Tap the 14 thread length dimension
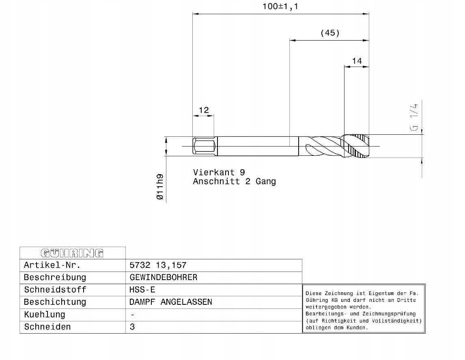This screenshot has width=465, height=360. point(357,61)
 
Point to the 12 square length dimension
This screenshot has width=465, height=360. point(203,110)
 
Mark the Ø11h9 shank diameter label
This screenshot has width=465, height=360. point(160,187)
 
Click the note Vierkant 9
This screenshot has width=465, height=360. point(219,172)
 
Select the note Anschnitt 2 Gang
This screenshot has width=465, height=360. point(234,181)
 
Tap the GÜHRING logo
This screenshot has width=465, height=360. point(73,253)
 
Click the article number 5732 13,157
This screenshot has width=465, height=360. point(158,265)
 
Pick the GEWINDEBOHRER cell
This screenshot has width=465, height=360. point(163,278)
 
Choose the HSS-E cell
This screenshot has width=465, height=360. point(142,290)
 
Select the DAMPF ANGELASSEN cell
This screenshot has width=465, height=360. point(170,302)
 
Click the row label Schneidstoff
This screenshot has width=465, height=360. point(55,290)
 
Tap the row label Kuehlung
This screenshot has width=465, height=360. point(44,315)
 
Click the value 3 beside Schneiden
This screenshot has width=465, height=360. point(132,327)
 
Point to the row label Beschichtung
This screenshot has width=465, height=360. point(55,302)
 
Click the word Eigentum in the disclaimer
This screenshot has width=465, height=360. point(380,293)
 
